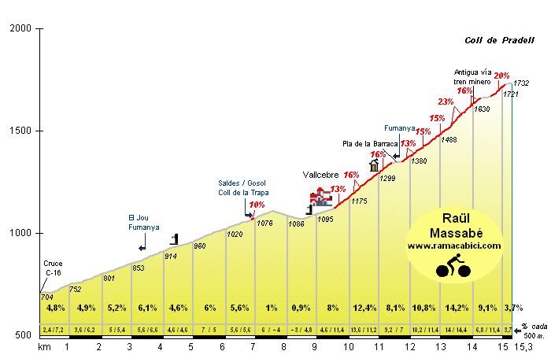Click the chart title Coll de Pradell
click(x=498, y=41)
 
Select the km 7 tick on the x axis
click(x=253, y=346)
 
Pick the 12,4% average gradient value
click(x=364, y=308)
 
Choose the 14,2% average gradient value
click(x=457, y=308)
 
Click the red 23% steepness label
click(x=446, y=102)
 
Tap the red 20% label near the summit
click(x=501, y=76)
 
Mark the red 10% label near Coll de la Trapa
click(x=257, y=205)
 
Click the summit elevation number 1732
click(x=521, y=83)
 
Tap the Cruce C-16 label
click(x=53, y=269)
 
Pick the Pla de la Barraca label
click(x=364, y=144)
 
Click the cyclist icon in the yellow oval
click(x=453, y=265)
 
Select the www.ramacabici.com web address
click(x=454, y=246)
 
